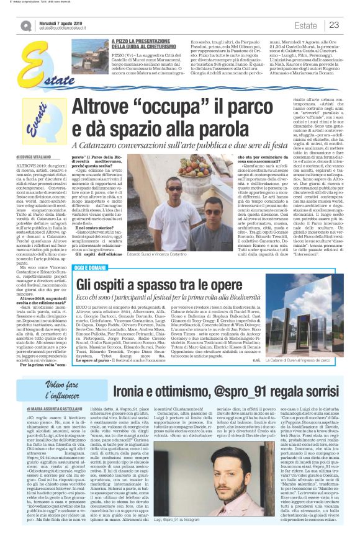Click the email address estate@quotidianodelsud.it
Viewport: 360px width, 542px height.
61,29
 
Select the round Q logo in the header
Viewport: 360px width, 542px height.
25,26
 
